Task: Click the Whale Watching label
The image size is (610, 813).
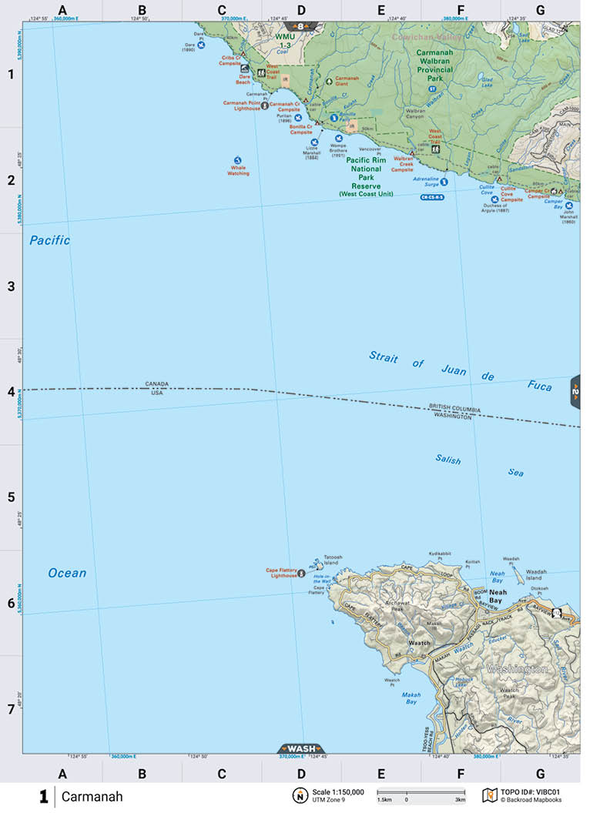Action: coord(238,171)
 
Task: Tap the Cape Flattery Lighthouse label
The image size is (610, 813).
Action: coord(282,572)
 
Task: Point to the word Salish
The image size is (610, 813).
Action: coord(447,460)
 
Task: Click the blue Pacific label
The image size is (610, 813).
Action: coord(50,241)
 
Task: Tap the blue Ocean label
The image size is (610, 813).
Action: coord(67,573)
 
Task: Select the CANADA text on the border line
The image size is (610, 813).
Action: coord(156,383)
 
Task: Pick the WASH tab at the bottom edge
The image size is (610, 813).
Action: coord(300,748)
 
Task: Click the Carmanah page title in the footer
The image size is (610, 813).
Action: coord(92,797)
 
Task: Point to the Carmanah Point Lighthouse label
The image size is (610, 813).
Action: coord(241,105)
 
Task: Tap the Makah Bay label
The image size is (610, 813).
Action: coord(411,698)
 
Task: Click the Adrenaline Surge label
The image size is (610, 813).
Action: coord(425,182)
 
